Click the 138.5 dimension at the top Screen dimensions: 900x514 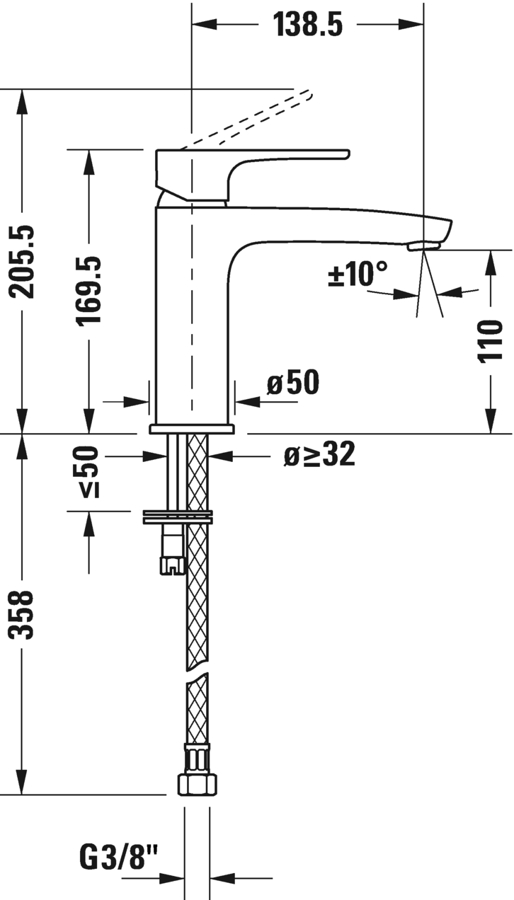click(308, 25)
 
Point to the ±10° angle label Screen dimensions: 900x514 click(358, 274)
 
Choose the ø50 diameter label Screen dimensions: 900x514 click(292, 383)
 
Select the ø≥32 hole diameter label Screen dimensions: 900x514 click(319, 456)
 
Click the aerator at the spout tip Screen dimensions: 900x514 click(423, 246)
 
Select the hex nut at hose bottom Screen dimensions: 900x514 click(197, 783)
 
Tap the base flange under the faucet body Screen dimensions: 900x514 click(191, 428)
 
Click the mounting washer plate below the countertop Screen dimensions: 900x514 click(177, 517)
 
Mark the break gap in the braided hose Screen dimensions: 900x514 click(198, 669)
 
